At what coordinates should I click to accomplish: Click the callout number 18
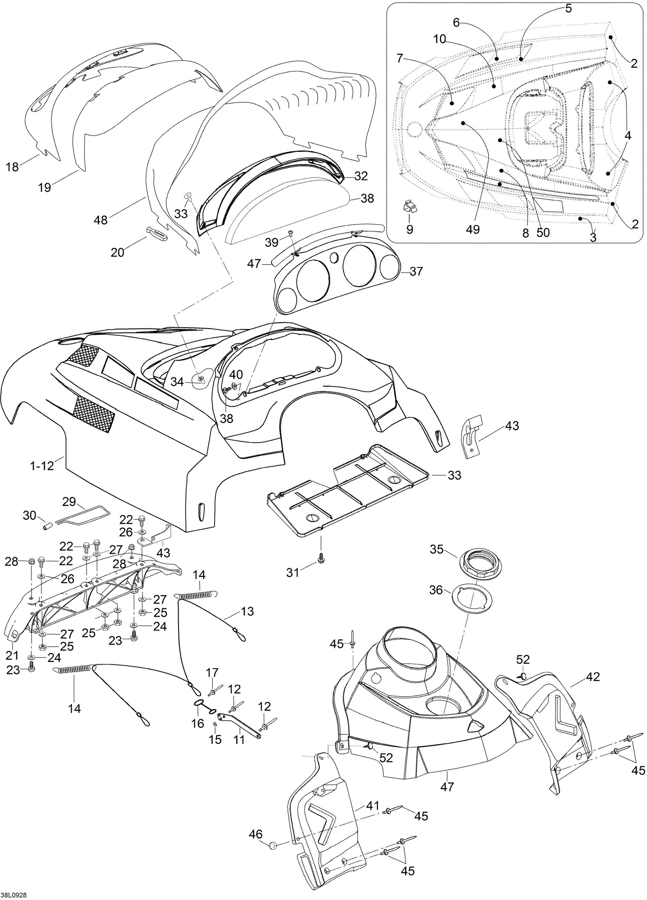pos(12,167)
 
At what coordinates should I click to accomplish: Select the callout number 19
pos(45,187)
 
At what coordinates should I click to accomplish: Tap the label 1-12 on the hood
pos(42,466)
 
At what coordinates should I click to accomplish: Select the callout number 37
pos(416,271)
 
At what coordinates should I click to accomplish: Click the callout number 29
pos(69,502)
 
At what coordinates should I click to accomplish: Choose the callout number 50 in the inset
pos(543,232)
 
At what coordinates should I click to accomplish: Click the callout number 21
pos(12,655)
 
